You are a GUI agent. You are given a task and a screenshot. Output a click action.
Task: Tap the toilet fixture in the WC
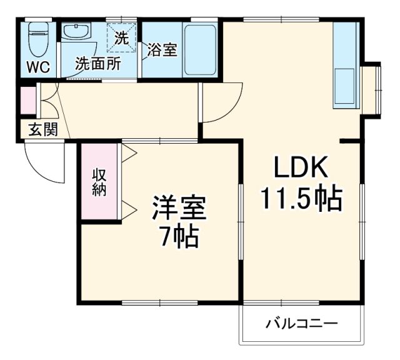coord(39,36)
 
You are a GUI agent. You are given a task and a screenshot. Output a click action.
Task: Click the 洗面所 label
coord(98,63)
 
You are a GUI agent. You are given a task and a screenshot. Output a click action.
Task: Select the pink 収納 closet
coord(99,181)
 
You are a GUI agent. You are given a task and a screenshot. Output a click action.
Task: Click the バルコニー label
coord(302,324)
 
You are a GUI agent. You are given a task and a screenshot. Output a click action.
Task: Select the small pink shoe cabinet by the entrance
coord(28,102)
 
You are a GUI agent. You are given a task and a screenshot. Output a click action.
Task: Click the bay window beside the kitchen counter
coord(371,89)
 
